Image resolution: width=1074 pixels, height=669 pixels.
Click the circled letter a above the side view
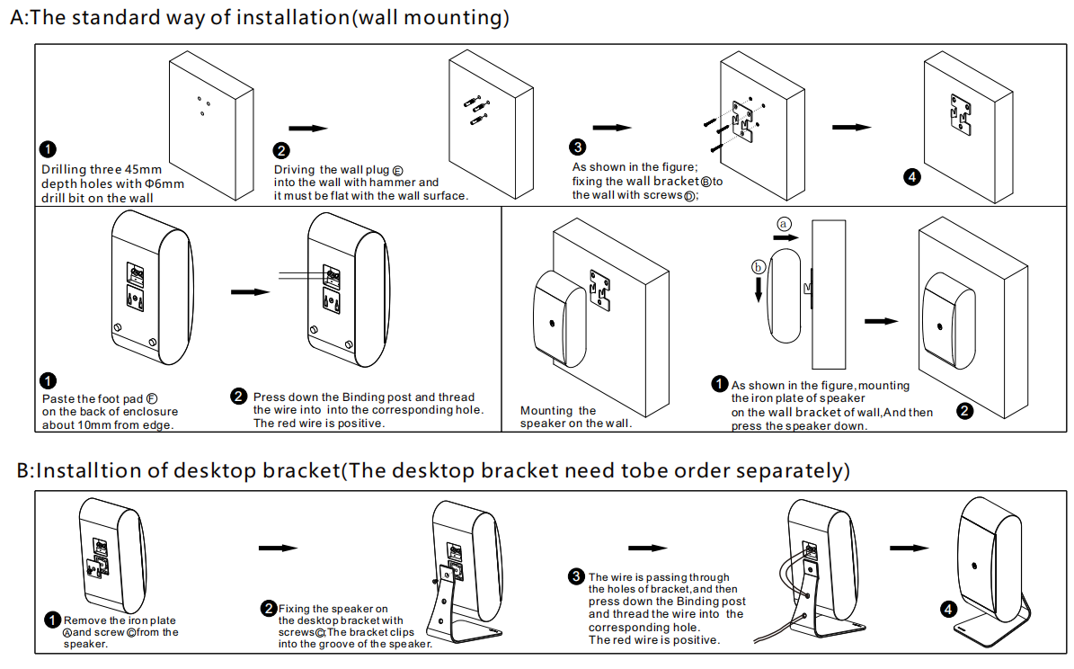784,222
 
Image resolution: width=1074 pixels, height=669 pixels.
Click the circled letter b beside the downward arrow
759,267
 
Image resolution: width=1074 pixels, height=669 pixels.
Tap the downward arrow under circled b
759,289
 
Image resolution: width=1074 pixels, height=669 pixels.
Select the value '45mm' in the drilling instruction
143,169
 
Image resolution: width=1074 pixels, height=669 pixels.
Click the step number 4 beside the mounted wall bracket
912,176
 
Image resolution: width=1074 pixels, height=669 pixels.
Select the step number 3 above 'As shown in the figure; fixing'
578,147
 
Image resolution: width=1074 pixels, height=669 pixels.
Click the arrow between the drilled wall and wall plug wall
307,129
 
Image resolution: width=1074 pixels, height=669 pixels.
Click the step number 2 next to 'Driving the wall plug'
281,151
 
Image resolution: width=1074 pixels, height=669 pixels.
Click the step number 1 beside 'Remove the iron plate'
52,620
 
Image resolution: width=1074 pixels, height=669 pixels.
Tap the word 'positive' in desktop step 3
697,639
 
